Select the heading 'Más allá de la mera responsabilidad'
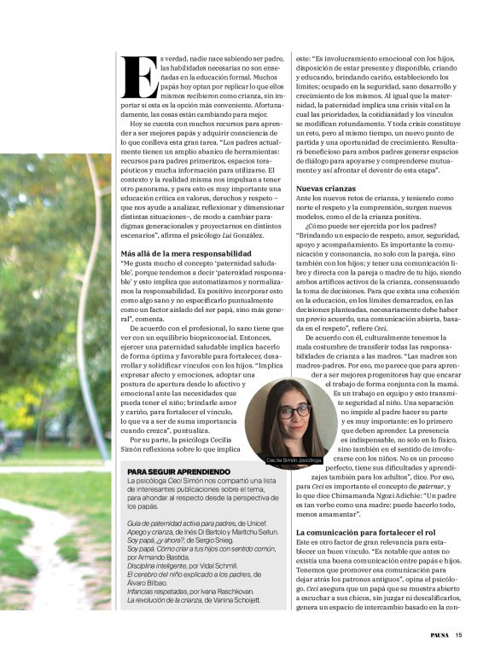tap(186, 254)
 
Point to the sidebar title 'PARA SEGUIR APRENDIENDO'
tap(178, 471)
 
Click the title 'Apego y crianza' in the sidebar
tap(153, 531)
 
